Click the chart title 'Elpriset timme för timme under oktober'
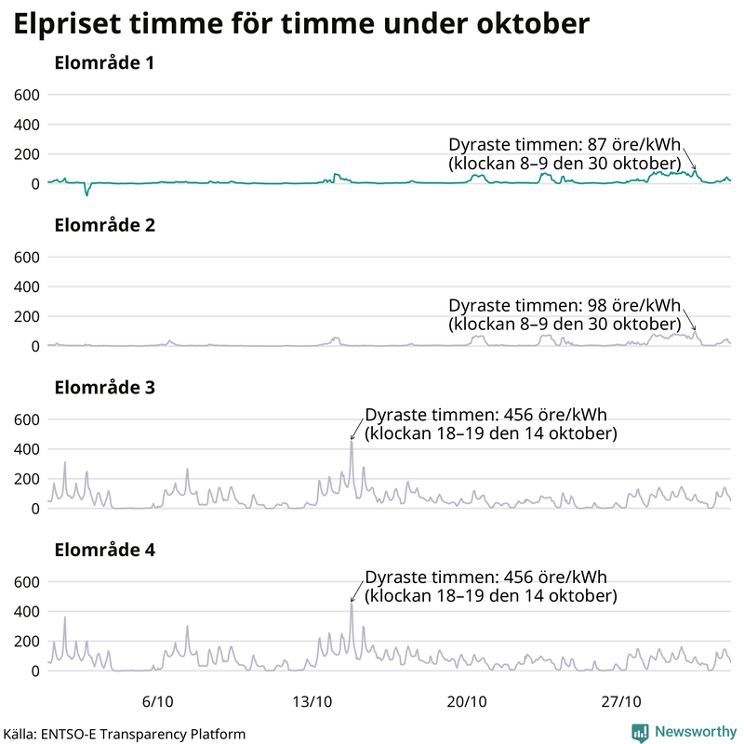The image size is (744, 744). [301, 24]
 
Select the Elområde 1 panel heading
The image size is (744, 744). [104, 64]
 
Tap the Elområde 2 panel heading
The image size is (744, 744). [104, 226]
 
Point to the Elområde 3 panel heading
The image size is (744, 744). [104, 388]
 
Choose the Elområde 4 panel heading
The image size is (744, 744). [104, 550]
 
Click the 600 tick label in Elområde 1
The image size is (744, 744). [26, 95]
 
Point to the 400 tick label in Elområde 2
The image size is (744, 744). [26, 286]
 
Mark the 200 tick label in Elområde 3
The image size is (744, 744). [26, 479]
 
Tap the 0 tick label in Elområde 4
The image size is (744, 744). [34, 671]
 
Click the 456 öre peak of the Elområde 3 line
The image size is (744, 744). [352, 443]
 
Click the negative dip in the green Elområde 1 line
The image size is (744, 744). [86, 194]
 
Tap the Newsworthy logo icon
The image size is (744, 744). [640, 732]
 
